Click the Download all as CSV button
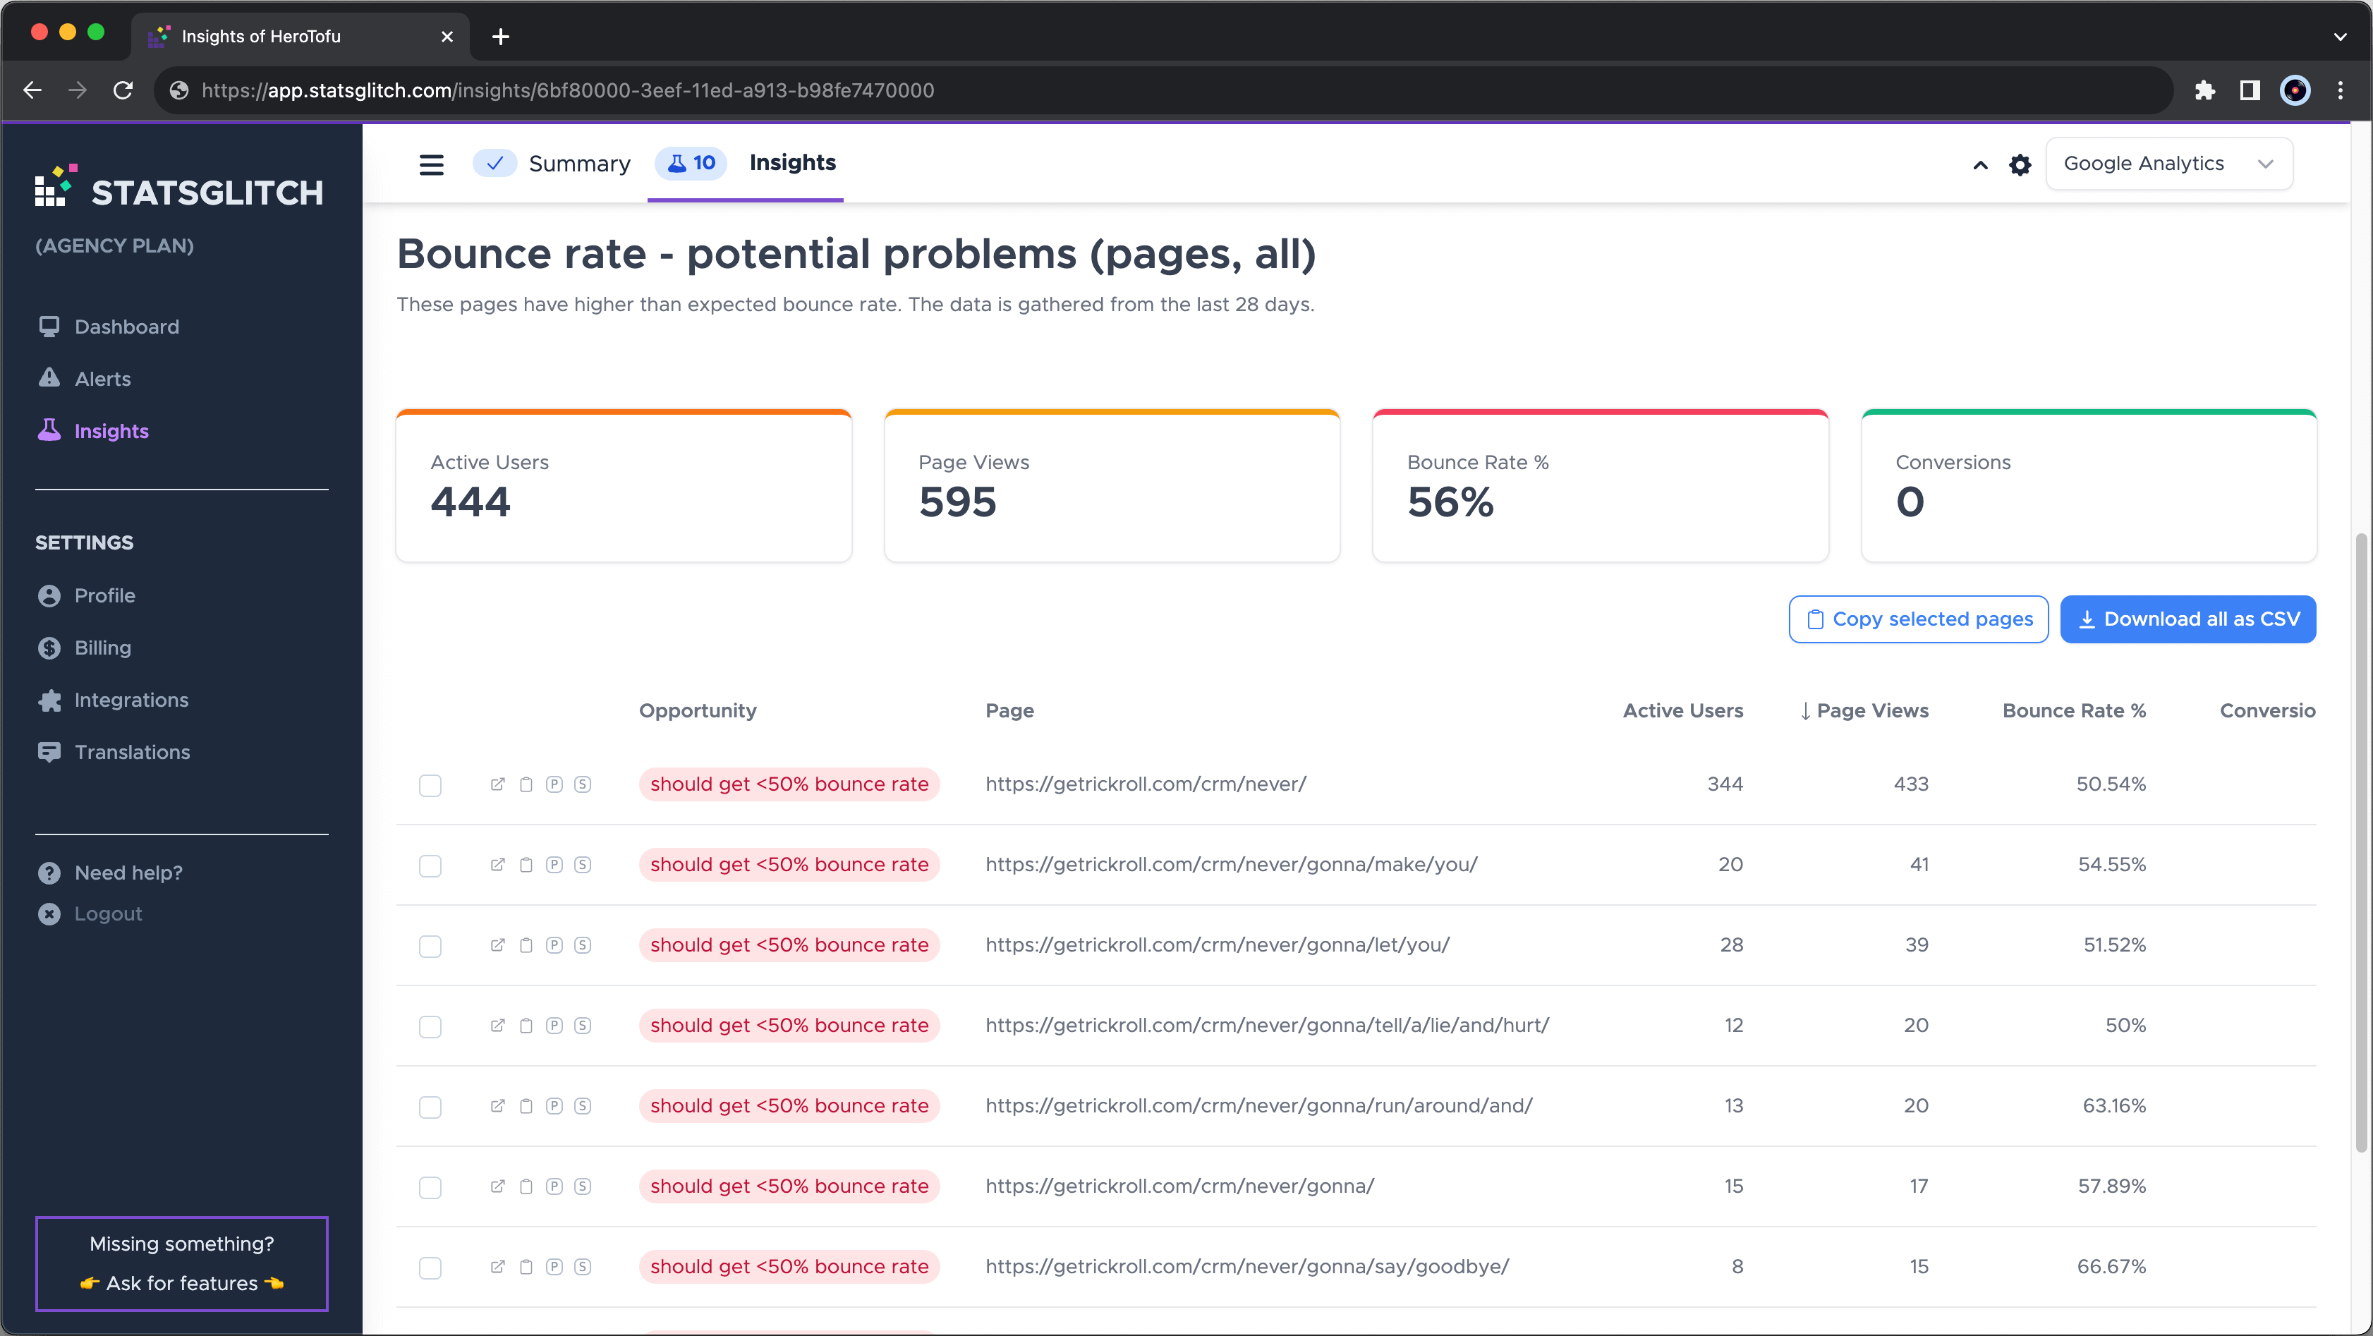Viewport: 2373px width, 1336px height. click(x=2188, y=619)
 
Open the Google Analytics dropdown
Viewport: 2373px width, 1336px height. click(x=2168, y=164)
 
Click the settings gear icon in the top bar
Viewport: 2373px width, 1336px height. click(x=2020, y=165)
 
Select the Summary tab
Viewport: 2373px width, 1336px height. click(x=553, y=164)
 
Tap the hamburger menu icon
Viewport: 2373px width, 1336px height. click(x=431, y=165)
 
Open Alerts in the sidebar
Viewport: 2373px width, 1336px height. click(x=102, y=379)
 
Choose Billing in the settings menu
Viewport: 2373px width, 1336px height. click(x=102, y=648)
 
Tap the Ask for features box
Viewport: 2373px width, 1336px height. click(x=181, y=1263)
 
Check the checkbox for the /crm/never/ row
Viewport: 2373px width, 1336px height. click(x=430, y=785)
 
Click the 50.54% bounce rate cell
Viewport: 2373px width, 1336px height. click(x=2111, y=784)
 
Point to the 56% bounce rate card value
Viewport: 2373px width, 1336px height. click(x=1450, y=502)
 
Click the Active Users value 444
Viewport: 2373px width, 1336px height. click(x=470, y=502)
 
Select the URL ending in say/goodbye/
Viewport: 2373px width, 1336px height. click(x=1247, y=1267)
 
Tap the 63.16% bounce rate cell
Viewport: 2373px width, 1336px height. click(x=2114, y=1105)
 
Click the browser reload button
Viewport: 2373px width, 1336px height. click(x=123, y=90)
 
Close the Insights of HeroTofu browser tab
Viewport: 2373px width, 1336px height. click(x=447, y=37)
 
